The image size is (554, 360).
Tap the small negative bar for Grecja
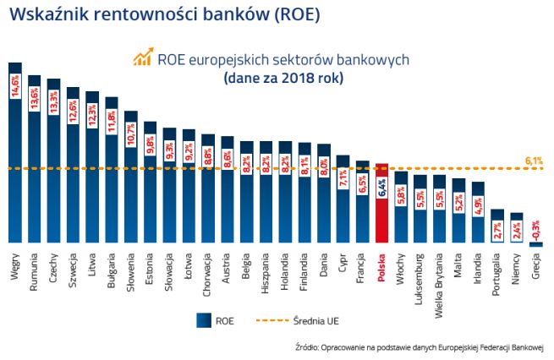point(535,244)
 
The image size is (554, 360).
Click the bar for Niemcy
point(516,228)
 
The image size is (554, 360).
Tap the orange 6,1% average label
point(534,160)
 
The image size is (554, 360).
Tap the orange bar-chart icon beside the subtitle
point(141,57)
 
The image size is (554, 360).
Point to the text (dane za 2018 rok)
point(283,79)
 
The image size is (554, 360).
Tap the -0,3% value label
point(535,227)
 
